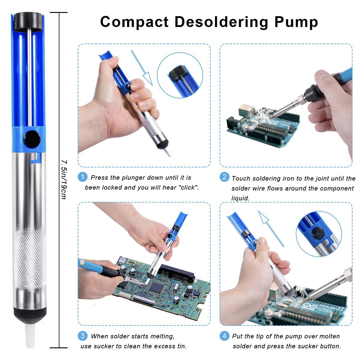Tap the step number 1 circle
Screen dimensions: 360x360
82,177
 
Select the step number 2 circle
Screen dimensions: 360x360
224,177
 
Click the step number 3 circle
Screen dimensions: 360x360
82,335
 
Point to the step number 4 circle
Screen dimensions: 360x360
224,335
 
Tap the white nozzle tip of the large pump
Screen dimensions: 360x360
30,336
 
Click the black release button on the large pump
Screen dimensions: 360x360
32,139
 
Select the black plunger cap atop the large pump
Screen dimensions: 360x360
28,21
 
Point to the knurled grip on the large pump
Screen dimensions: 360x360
29,258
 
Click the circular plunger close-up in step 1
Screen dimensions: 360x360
180,77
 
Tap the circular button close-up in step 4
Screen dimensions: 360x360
319,234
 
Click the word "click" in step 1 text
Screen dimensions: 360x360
188,187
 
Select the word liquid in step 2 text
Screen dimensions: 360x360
240,198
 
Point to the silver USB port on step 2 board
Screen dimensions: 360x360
246,111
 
